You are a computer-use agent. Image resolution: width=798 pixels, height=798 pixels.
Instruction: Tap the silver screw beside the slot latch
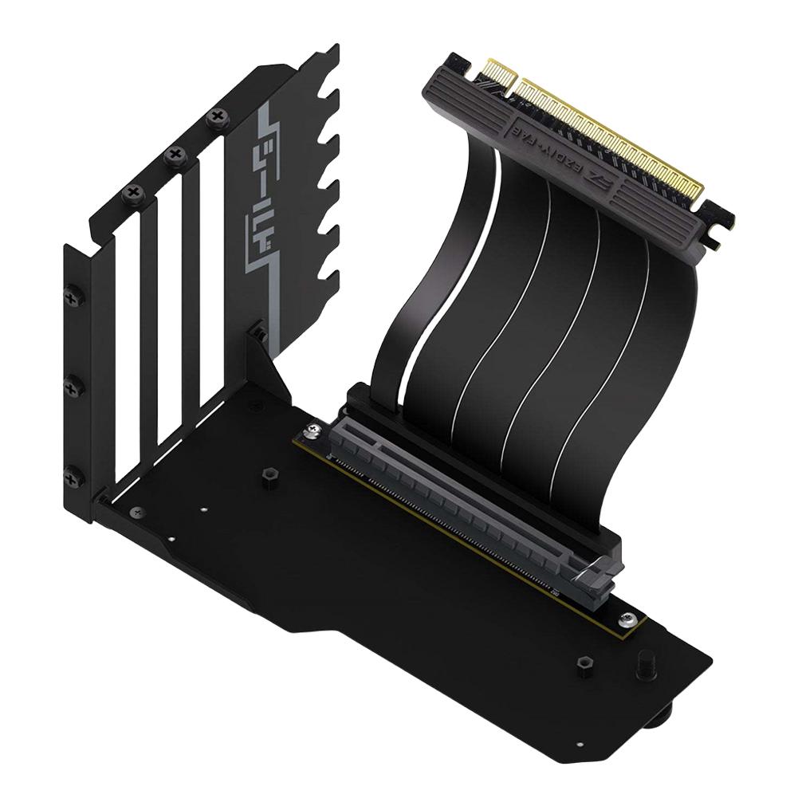pyautogui.click(x=631, y=619)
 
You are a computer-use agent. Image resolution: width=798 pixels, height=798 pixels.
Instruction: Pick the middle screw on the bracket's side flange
pyautogui.click(x=73, y=388)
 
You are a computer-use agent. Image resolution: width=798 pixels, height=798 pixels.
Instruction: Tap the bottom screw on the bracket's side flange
pyautogui.click(x=73, y=478)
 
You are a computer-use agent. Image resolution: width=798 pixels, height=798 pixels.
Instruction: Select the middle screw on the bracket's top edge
pyautogui.click(x=175, y=155)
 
